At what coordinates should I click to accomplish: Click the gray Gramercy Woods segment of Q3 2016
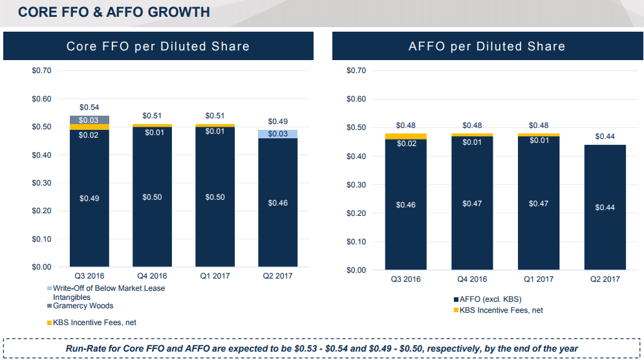89,120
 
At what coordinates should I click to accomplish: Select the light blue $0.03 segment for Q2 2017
277,134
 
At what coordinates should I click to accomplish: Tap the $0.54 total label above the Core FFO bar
89,107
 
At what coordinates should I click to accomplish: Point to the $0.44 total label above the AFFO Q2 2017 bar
605,136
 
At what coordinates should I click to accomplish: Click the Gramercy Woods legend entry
80,306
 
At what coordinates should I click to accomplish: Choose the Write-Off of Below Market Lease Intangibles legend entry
106,293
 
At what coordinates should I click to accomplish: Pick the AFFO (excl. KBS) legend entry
488,299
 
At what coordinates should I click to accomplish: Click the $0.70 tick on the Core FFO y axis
41,70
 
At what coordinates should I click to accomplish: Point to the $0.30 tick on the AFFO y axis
356,185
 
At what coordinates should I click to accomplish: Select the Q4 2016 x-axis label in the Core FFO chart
152,276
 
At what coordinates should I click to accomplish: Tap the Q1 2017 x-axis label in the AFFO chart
539,279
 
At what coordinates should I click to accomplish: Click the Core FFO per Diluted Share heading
158,47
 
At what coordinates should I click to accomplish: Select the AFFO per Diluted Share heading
487,47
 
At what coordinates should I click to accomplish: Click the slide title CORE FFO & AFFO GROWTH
114,12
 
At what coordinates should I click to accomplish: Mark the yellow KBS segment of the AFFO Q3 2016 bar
406,136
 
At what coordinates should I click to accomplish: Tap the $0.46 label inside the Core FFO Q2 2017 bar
277,203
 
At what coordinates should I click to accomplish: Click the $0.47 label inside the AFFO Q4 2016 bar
472,204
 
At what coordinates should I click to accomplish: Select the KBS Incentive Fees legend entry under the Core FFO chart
92,323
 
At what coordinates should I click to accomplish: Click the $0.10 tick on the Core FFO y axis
41,239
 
